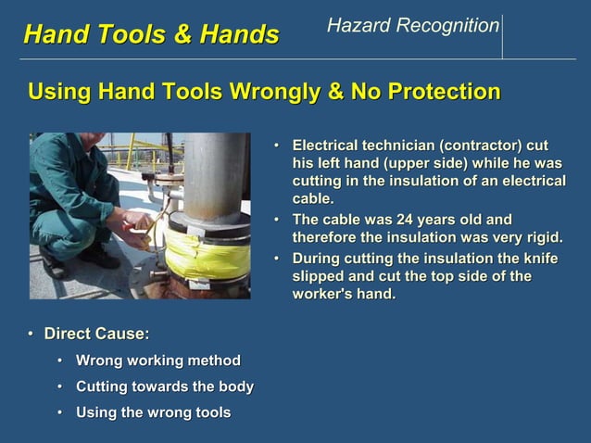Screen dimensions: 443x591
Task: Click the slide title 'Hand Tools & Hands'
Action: (x=150, y=34)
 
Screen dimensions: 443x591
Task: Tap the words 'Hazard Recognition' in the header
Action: (x=412, y=26)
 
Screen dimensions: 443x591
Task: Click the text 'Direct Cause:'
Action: (x=96, y=334)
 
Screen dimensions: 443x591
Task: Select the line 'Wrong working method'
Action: (x=157, y=361)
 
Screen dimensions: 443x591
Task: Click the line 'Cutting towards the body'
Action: (x=164, y=386)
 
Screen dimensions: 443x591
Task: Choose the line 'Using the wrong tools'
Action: (x=153, y=412)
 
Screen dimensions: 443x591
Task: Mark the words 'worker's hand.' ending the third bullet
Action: (x=344, y=294)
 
